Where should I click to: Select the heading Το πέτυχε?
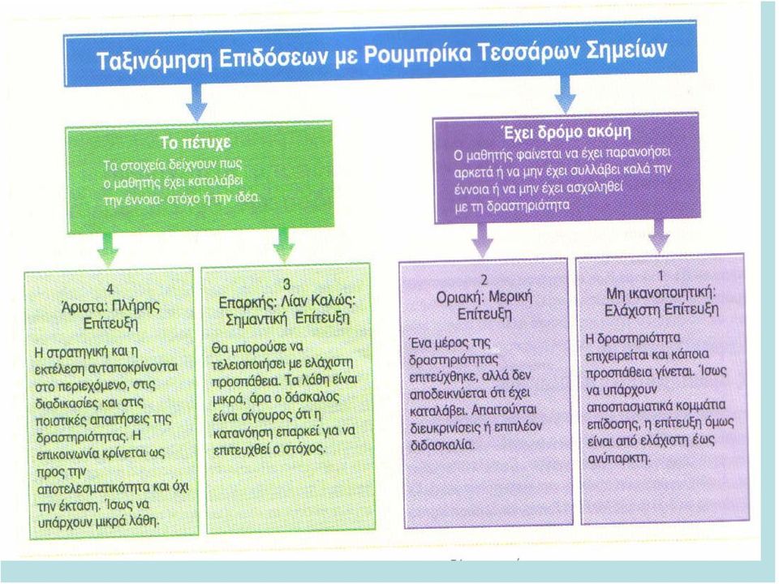pyautogui.click(x=196, y=143)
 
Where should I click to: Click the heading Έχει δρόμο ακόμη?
pyautogui.click(x=565, y=132)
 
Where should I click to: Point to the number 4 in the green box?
pyautogui.click(x=110, y=289)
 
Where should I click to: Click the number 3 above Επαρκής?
pyautogui.click(x=286, y=284)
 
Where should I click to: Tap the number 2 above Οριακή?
pyautogui.click(x=484, y=280)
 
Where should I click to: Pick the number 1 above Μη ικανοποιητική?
pyautogui.click(x=661, y=275)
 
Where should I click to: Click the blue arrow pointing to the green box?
pyautogui.click(x=196, y=102)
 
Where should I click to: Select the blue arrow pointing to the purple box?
pyautogui.click(x=565, y=94)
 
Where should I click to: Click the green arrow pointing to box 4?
pyautogui.click(x=107, y=250)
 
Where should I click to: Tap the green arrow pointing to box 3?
pyautogui.click(x=284, y=245)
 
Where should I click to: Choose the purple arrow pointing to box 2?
pyautogui.click(x=481, y=240)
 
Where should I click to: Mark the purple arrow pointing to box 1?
pyautogui.click(x=659, y=236)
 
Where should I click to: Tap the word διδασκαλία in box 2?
pyautogui.click(x=443, y=444)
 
